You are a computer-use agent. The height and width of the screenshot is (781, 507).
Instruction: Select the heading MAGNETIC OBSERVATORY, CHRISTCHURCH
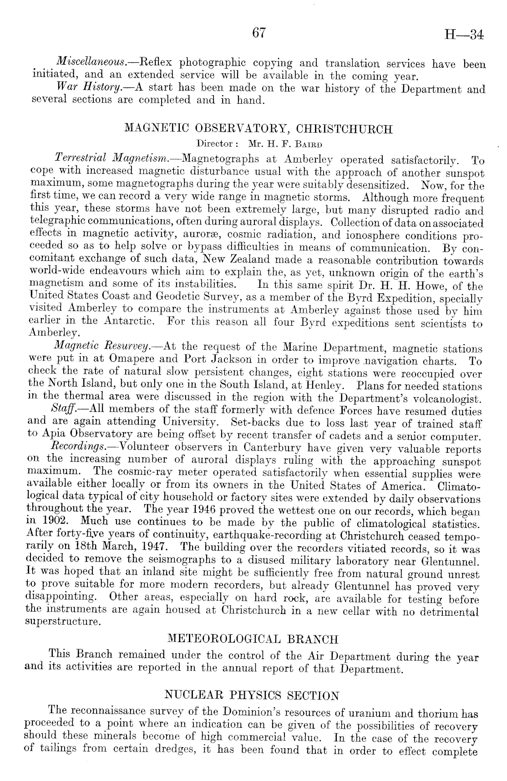(258, 129)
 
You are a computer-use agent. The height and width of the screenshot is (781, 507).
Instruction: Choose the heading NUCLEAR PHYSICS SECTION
(251, 696)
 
